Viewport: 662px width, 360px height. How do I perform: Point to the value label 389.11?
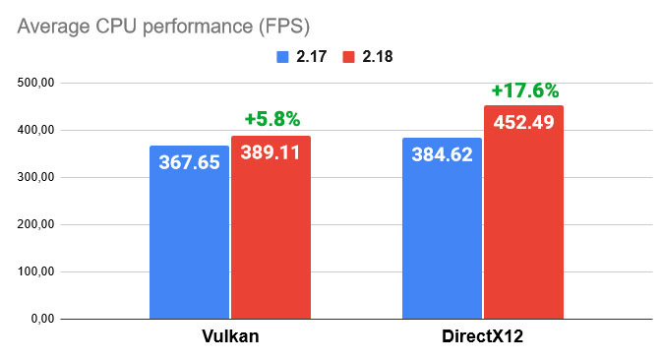point(271,152)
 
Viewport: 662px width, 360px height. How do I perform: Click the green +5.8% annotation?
point(271,119)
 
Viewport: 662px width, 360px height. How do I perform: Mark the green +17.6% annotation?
point(524,90)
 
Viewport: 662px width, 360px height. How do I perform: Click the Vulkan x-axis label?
point(230,338)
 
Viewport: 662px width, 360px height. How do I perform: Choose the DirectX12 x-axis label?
point(483,338)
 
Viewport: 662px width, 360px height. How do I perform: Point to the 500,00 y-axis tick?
point(34,83)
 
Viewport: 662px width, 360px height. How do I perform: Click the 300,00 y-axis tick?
point(34,177)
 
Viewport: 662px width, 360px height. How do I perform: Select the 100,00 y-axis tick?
point(34,271)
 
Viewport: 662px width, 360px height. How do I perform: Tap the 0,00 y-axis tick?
point(40,319)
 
